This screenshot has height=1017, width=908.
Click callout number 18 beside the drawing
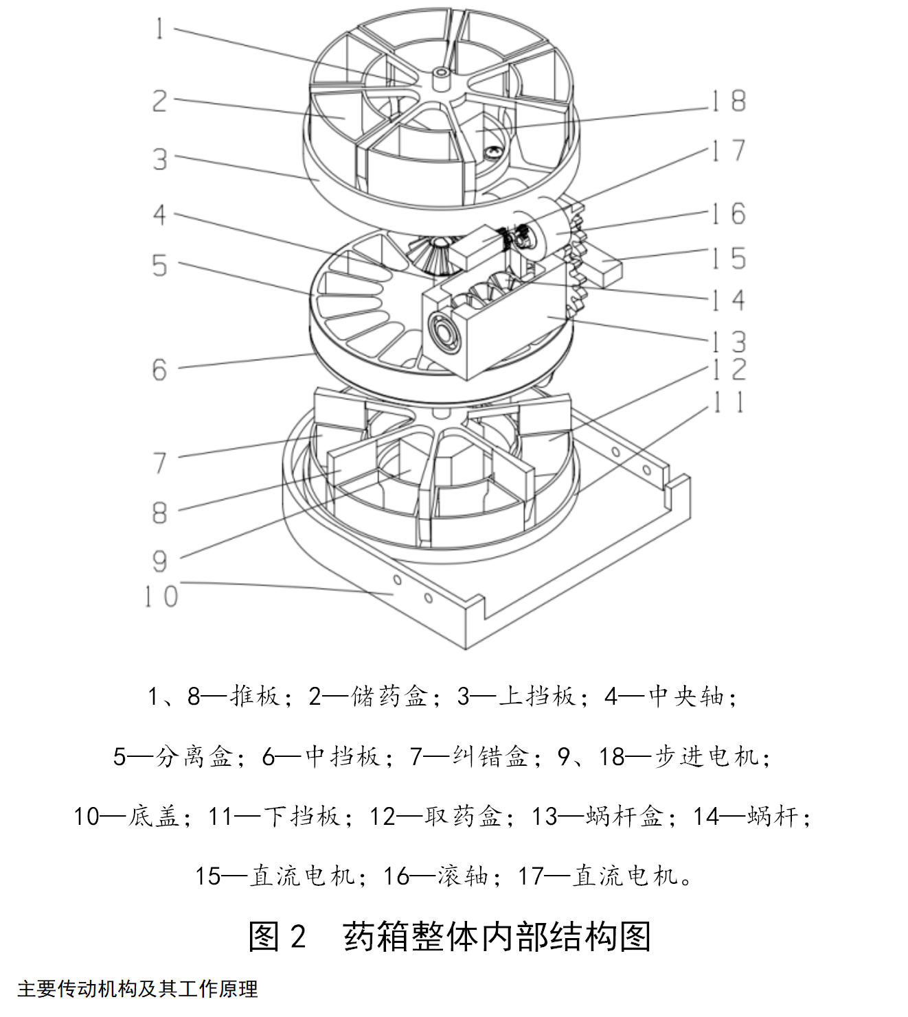click(728, 101)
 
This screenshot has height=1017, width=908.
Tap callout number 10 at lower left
click(161, 596)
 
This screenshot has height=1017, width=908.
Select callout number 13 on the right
click(728, 341)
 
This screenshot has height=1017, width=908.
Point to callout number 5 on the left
click(159, 266)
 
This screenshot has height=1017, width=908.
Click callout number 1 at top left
click(159, 29)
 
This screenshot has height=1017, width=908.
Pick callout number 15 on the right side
click(728, 259)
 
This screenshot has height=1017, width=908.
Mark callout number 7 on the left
click(159, 463)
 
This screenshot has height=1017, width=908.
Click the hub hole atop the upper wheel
click(440, 71)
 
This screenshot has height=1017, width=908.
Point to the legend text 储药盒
click(389, 697)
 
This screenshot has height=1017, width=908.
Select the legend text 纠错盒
click(490, 756)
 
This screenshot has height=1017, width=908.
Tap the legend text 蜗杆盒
click(624, 816)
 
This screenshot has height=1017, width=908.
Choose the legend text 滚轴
click(463, 876)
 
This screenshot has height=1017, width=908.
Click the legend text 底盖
click(153, 816)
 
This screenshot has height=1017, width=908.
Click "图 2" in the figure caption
click(277, 936)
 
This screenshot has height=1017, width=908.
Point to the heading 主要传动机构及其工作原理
click(137, 989)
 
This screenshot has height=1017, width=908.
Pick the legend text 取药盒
click(463, 816)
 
